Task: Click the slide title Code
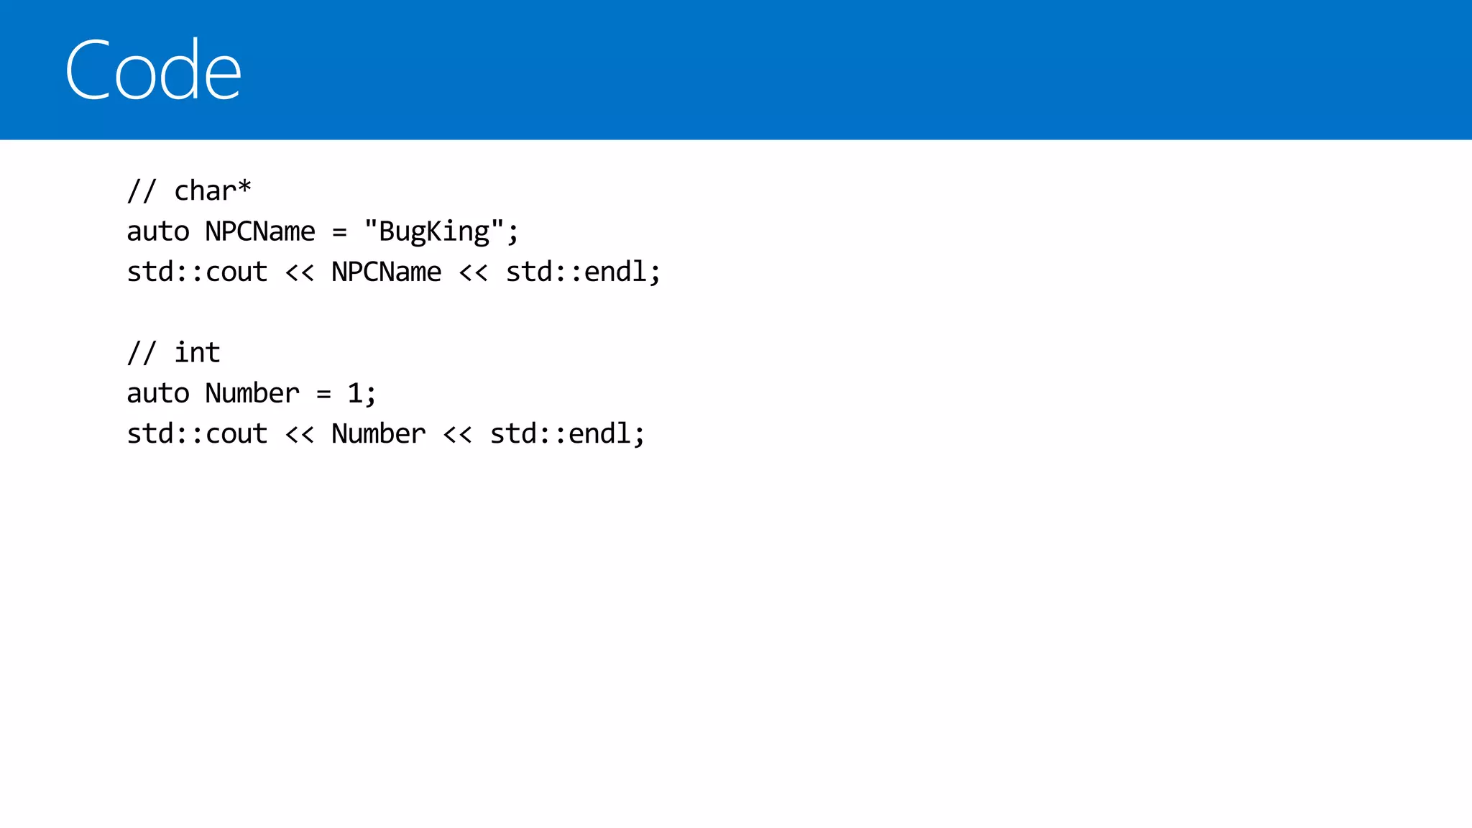point(153,70)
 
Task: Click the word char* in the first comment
point(213,190)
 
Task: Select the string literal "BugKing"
point(434,231)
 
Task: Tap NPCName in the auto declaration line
point(260,231)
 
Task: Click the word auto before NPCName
point(158,231)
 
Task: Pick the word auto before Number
point(158,393)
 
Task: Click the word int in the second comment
point(197,353)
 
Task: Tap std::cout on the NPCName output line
point(197,272)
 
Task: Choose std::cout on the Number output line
point(197,433)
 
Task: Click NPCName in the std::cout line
point(387,272)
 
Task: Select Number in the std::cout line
point(379,433)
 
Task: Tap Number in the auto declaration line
point(252,393)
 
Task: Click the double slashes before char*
point(142,190)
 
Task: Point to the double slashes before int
point(142,353)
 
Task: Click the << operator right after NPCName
point(474,272)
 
